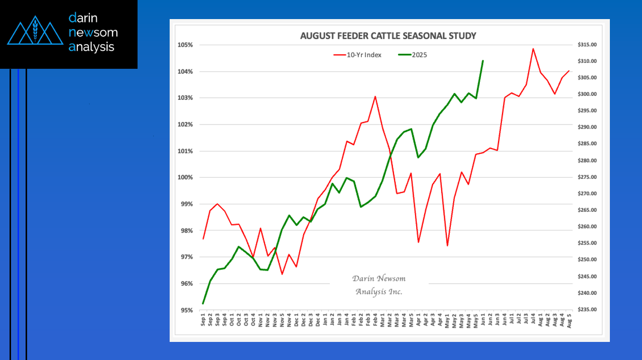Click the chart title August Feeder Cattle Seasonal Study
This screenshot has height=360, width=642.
coord(388,36)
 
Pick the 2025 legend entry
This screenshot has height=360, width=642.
coord(419,55)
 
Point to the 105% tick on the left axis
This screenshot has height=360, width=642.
coord(186,45)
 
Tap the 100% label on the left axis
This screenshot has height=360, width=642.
coord(186,178)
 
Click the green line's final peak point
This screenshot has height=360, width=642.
coord(482,61)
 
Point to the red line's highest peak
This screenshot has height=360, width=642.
coord(533,49)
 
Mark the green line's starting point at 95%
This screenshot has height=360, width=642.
coord(203,304)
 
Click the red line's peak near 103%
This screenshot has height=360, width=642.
coord(375,96)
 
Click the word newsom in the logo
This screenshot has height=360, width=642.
coord(93,33)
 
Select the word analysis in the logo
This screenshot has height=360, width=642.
coord(92,47)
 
